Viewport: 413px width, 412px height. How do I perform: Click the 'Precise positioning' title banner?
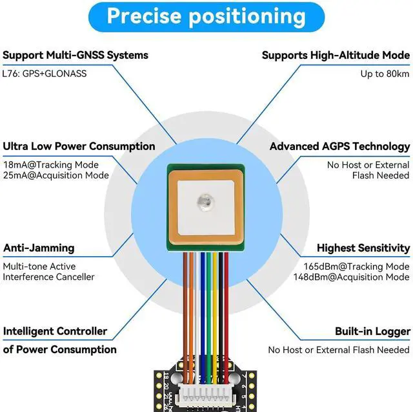(206, 16)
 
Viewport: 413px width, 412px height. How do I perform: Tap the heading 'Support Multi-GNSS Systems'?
(76, 55)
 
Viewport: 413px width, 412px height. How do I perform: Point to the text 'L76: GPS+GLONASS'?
(45, 73)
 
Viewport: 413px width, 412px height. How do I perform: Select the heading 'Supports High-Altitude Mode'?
(336, 55)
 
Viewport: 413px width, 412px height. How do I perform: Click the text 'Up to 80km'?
(385, 73)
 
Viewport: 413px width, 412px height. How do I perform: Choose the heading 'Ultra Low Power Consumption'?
(79, 146)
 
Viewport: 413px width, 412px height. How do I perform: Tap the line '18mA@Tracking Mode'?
(51, 164)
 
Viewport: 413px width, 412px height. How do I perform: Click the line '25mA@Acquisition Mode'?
(55, 175)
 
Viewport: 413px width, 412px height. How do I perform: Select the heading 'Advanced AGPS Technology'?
(339, 146)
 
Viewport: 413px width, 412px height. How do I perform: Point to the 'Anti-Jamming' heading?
(39, 248)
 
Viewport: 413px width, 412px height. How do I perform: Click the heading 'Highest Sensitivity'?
(363, 248)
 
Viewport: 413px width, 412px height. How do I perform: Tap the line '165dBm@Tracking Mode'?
(356, 266)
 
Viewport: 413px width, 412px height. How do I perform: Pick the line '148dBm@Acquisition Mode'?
(356, 277)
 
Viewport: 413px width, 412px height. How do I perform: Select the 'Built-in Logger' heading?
(372, 331)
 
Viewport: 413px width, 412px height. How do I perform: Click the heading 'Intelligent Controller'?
(55, 331)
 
